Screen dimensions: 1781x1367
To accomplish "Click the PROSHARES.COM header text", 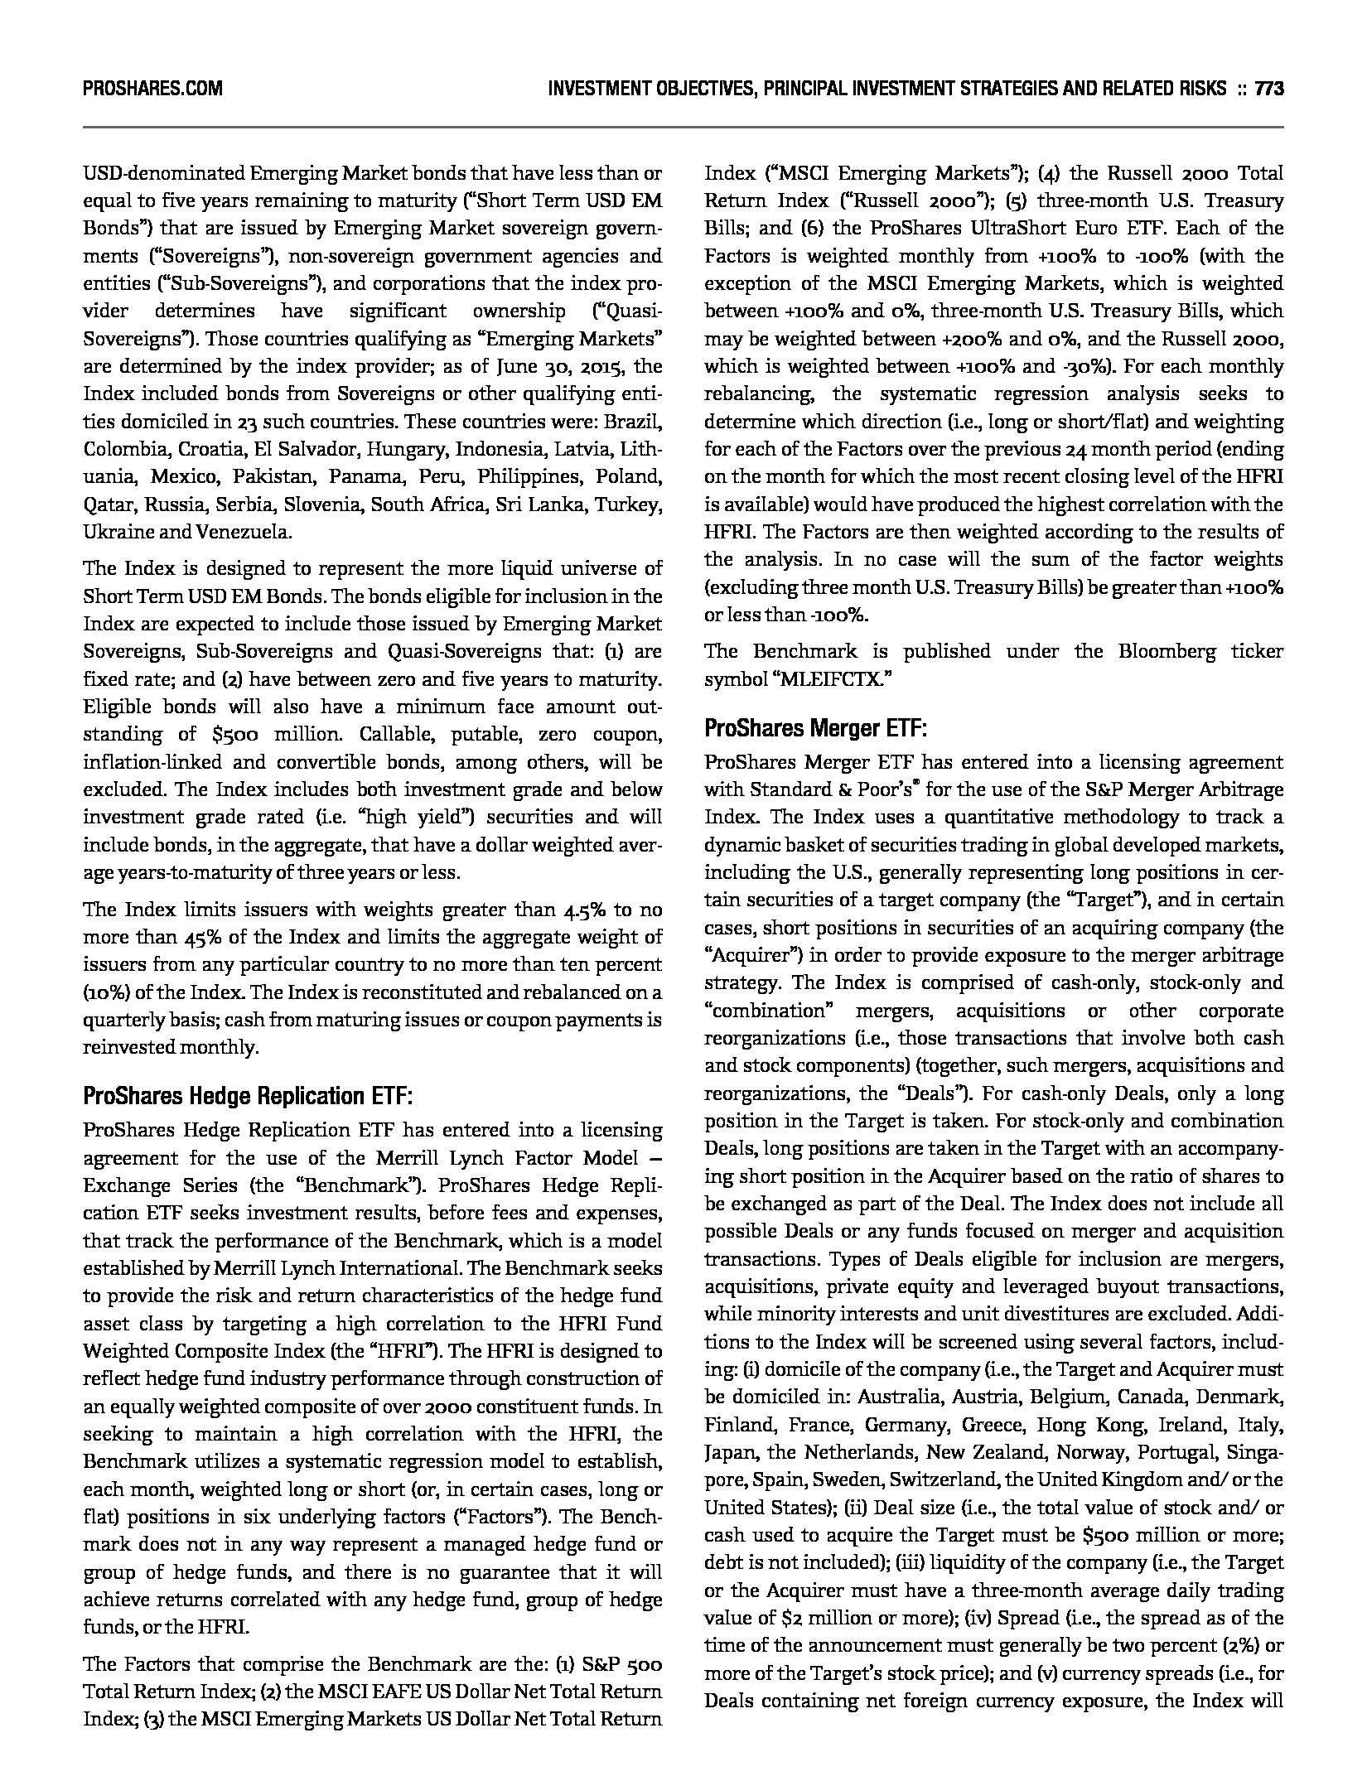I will click(152, 89).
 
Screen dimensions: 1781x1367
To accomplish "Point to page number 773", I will click(1269, 89).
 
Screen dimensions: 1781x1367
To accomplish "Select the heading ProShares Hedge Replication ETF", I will click(248, 1097).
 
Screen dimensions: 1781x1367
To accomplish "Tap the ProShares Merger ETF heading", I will click(815, 729).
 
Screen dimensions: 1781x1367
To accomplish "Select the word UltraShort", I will click(1022, 228).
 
